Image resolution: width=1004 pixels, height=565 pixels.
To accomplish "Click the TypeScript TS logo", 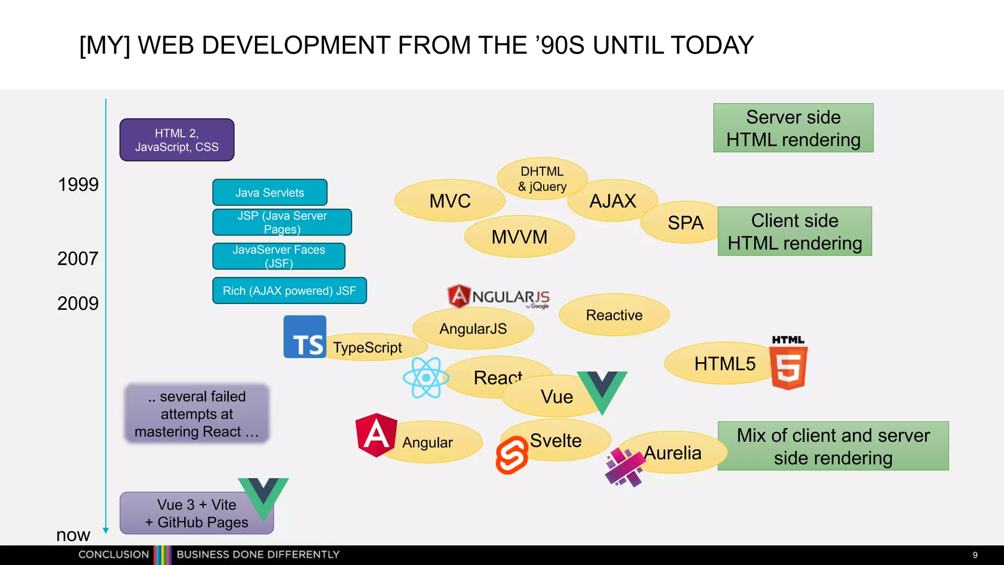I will coord(305,337).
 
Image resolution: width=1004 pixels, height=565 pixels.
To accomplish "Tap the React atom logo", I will coord(426,377).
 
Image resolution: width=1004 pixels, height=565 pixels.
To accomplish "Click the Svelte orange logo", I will coord(512,456).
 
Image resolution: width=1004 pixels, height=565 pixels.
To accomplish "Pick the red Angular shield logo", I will coord(376,435).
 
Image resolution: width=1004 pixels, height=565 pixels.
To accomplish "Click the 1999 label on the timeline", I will coord(78,185).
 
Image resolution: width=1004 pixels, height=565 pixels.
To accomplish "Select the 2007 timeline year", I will coord(78,258).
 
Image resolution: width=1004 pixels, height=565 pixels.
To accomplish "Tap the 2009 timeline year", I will coord(78,304).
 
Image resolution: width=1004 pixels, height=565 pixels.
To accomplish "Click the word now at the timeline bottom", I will coord(73,535).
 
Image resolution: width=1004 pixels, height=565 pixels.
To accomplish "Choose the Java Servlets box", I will coord(270,192).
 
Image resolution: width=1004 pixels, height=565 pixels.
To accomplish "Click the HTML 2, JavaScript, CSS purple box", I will coord(177,140).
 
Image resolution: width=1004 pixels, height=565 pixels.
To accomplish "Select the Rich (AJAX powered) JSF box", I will coord(289,291).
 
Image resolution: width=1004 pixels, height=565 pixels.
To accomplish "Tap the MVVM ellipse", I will coord(519,237).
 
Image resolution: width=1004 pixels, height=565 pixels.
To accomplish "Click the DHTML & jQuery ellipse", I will coord(542,179).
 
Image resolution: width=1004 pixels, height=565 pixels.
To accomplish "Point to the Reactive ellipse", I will coord(614,315).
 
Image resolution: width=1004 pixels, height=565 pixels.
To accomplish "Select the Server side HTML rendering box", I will coord(793,128).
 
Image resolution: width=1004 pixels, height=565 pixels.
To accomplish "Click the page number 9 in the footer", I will coord(975,555).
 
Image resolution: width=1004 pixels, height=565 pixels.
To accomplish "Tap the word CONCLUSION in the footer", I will coord(114,555).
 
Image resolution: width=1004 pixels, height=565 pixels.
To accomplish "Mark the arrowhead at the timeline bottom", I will coord(105,531).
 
